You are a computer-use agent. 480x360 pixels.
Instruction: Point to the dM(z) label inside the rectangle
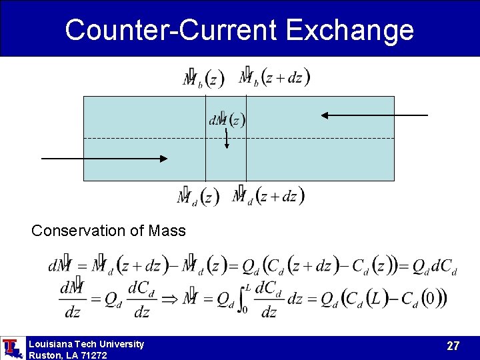(227, 120)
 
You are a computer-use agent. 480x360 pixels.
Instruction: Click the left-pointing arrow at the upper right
(374, 115)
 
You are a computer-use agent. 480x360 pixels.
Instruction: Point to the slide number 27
(453, 346)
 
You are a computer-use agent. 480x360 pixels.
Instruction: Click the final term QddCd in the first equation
(434, 267)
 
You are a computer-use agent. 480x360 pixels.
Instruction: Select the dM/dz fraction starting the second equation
(71, 299)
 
